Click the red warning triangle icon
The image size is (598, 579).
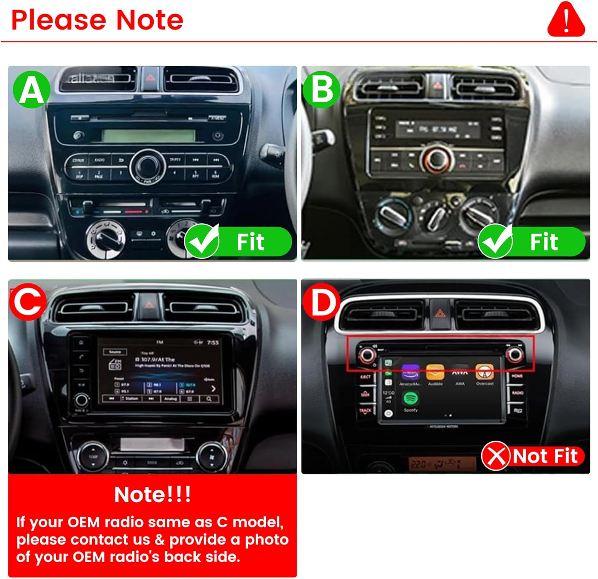[x=566, y=20]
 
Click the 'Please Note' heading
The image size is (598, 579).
[x=97, y=20]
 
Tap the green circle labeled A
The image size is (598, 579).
[x=31, y=90]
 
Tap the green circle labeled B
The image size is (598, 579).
[x=322, y=90]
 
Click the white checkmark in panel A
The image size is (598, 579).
[x=203, y=241]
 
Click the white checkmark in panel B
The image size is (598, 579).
[x=496, y=241]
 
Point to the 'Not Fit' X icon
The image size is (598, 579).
[x=496, y=456]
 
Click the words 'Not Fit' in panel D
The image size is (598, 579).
[x=545, y=456]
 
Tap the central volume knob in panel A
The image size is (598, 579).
[x=148, y=165]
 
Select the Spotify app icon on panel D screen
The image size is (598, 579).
[x=411, y=398]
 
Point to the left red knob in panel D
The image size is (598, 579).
[x=367, y=354]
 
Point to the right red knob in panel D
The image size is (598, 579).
[x=514, y=354]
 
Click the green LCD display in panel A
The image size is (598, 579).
[x=148, y=136]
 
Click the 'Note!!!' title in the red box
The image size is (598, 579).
[x=152, y=494]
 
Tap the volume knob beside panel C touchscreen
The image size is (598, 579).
[x=82, y=400]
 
